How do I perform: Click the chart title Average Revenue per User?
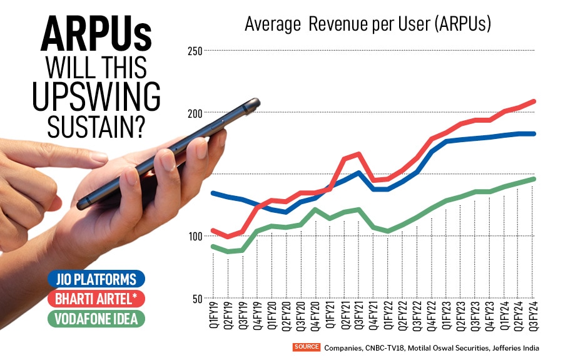[x=368, y=24]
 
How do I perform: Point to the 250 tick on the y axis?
[x=195, y=51]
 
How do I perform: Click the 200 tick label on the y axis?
[x=195, y=113]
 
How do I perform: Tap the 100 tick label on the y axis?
[x=195, y=236]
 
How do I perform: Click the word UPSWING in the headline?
[x=95, y=98]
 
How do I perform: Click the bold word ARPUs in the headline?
[x=95, y=36]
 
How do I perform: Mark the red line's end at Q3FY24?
[x=533, y=101]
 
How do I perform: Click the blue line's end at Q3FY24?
[x=533, y=133]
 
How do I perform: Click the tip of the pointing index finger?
[x=104, y=157]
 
